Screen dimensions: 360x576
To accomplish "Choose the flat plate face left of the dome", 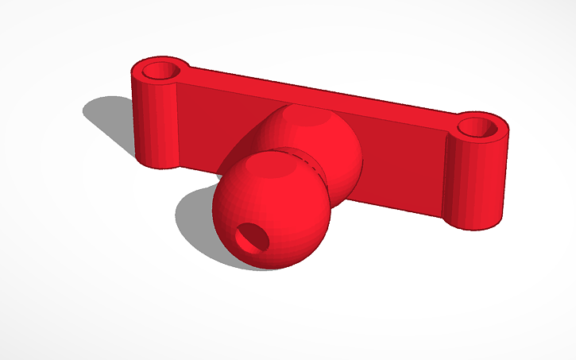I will [215, 119].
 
